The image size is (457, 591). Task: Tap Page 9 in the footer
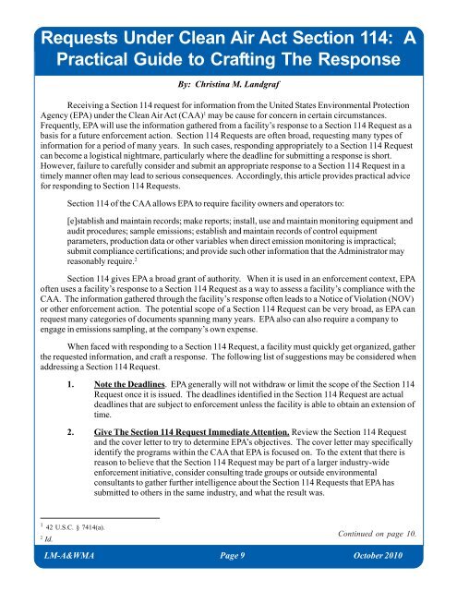[226, 580]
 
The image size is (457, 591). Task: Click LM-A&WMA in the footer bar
[57, 580]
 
